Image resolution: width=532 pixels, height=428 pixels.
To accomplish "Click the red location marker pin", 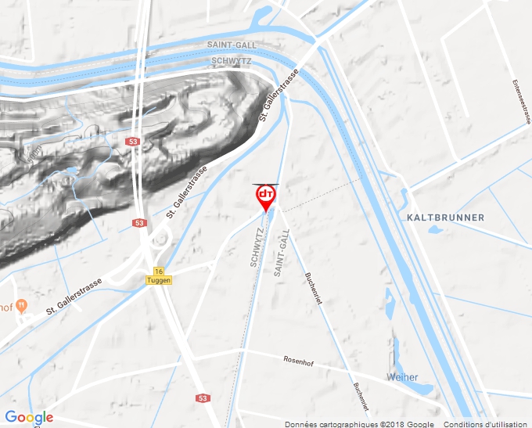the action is tap(266, 196).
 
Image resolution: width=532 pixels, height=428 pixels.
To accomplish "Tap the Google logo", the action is tap(29, 417).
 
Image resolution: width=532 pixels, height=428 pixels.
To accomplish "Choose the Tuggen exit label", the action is tap(158, 280).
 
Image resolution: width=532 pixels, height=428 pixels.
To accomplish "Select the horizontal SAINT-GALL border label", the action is tap(232, 45).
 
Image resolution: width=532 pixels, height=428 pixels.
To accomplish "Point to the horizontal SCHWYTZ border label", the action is tap(232, 59).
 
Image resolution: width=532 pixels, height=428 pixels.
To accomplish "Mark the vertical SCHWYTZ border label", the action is tap(256, 248).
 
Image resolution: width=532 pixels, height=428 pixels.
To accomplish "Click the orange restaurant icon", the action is tap(22, 304).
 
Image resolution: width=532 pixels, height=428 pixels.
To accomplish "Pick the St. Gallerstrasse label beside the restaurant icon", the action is tap(74, 297).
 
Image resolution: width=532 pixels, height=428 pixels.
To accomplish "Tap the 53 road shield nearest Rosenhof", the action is tap(203, 398).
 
